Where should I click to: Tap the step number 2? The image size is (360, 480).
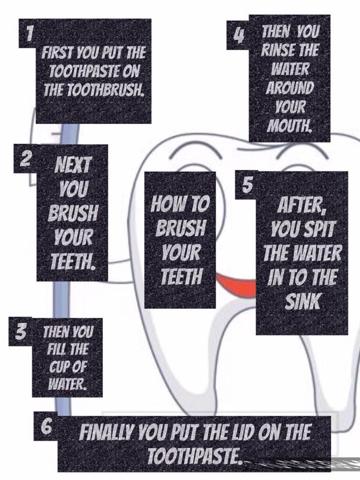coord(26,158)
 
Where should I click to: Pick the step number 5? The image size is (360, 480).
coord(247,185)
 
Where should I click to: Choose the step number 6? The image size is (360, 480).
coord(46,426)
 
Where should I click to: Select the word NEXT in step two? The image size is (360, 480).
coord(72,165)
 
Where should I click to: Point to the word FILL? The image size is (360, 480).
coord(56,349)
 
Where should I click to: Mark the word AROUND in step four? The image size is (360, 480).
coord(289,88)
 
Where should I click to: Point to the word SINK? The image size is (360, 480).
coord(302,301)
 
